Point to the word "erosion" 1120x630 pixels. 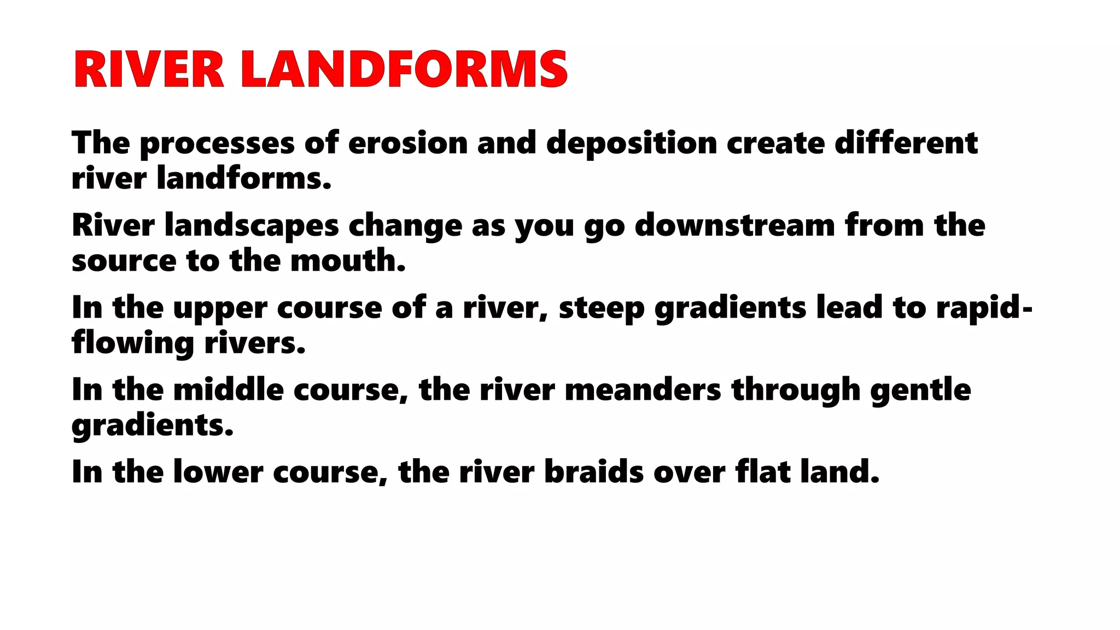pyautogui.click(x=407, y=143)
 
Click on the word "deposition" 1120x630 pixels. pyautogui.click(x=631, y=143)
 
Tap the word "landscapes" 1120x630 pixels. pyautogui.click(x=252, y=226)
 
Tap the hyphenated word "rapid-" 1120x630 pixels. pyautogui.click(x=984, y=308)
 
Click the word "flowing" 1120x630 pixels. pyautogui.click(x=133, y=344)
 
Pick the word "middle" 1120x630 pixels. pyautogui.click(x=228, y=390)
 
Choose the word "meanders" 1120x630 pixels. pyautogui.click(x=643, y=390)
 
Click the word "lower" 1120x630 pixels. pyautogui.click(x=218, y=472)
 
